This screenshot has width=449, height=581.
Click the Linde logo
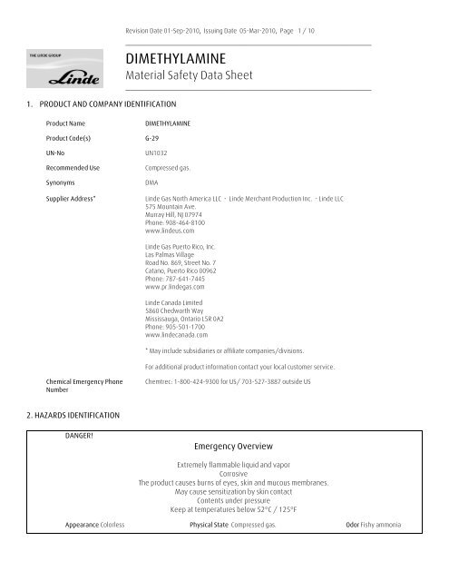[x=62, y=72]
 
